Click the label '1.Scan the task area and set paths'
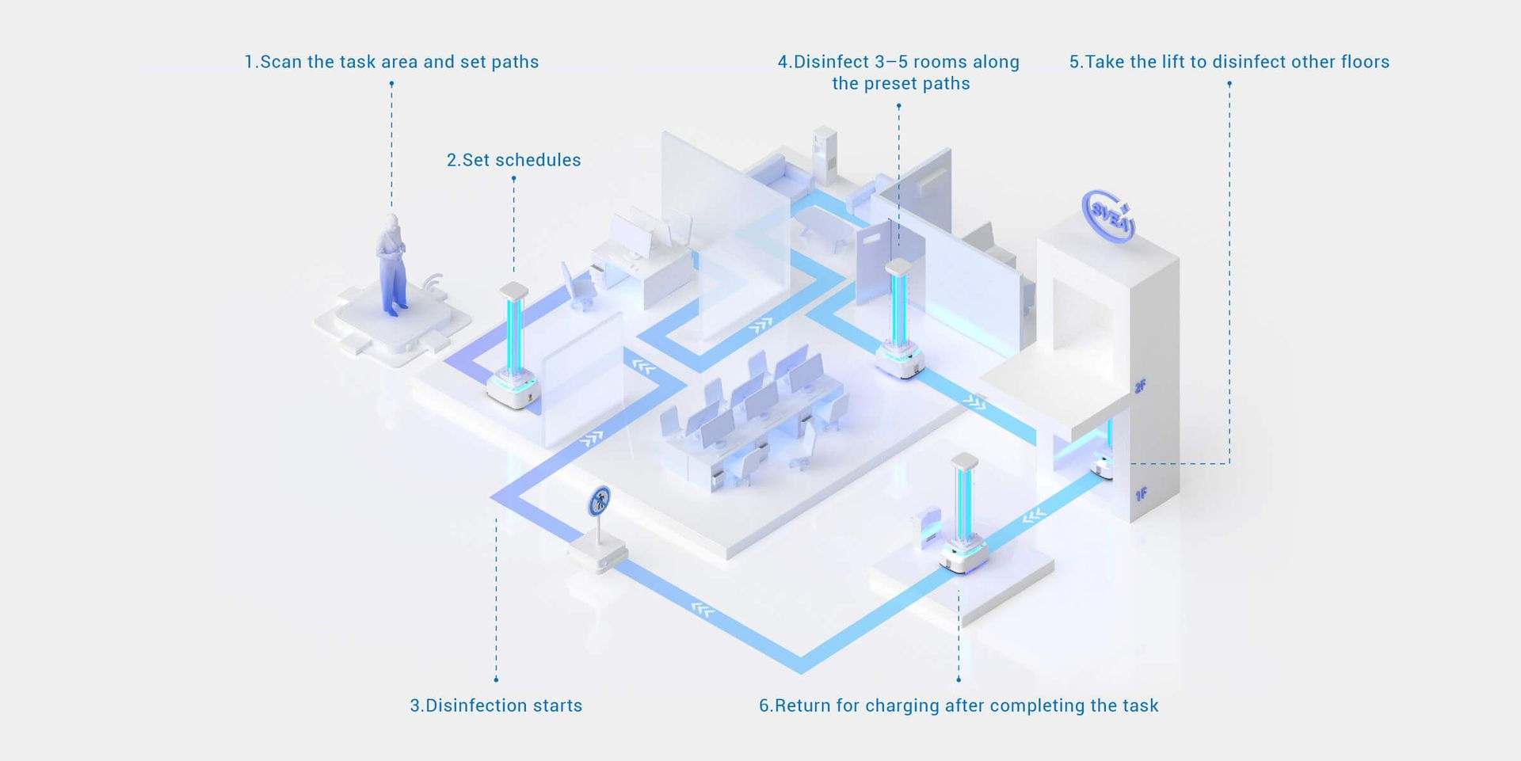pos(391,62)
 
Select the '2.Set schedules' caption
pos(513,160)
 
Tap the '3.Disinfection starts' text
pos(496,706)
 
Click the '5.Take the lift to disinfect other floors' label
pos(1229,62)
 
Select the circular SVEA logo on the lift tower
pos(1108,214)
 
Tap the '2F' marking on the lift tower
pos(1140,386)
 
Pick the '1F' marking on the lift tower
pos(1141,495)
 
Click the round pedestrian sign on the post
pos(600,500)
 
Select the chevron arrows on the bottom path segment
pos(702,609)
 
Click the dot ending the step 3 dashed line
pos(496,679)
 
